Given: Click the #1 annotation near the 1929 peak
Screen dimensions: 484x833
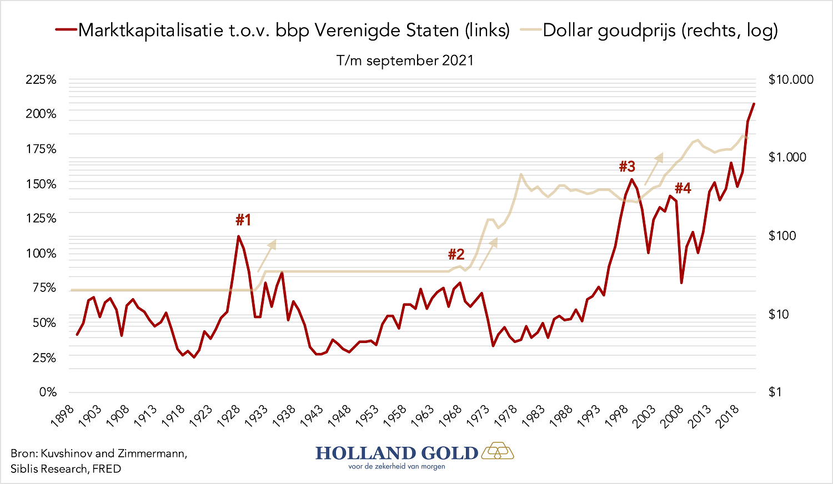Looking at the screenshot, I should point(243,220).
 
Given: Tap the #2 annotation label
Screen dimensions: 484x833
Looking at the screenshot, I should point(456,255).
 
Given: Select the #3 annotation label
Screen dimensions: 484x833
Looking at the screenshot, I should point(627,167).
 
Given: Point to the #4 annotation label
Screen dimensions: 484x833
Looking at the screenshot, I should point(683,189).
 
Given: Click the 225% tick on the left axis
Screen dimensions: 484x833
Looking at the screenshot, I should point(41,80).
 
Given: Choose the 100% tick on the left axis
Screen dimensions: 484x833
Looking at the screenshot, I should point(41,254).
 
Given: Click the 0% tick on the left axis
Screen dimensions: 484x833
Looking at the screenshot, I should point(48,392).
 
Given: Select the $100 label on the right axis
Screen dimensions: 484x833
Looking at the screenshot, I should point(782,236).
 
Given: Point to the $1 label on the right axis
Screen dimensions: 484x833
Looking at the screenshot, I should point(775,392).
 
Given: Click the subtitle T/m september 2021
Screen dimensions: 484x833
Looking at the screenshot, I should point(405,60).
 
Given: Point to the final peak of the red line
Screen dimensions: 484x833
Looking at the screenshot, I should point(754,104).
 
